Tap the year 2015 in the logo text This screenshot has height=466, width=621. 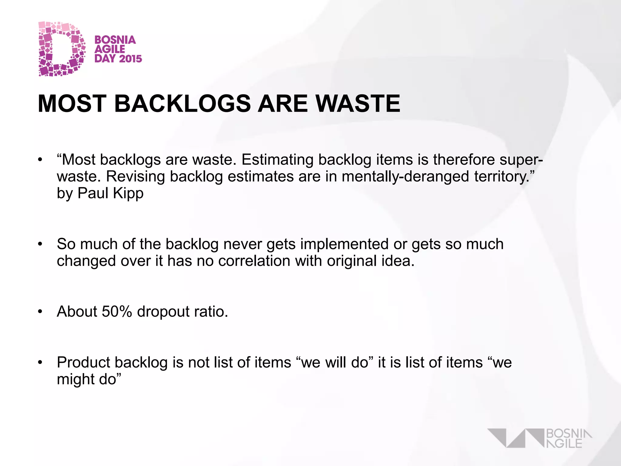[x=131, y=59]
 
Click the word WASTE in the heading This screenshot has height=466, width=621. [x=358, y=104]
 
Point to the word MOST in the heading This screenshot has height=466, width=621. [x=72, y=104]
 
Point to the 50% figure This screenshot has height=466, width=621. [x=117, y=312]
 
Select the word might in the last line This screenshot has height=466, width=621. [x=71, y=380]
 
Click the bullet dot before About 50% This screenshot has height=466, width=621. [x=40, y=312]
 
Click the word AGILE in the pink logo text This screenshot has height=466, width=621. [x=110, y=49]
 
